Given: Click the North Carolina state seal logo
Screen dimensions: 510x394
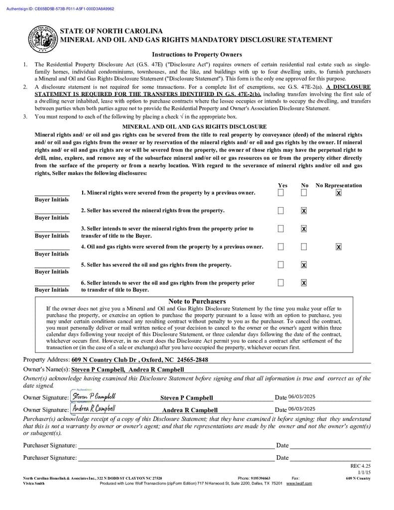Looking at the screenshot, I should point(42,38).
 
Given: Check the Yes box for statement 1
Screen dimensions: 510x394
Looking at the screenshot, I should point(281,193).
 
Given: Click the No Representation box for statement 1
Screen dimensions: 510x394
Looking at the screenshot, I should point(339,193).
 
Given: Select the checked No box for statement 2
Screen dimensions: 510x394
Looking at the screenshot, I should point(304,211).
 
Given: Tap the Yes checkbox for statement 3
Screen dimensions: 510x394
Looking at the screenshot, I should point(281,229).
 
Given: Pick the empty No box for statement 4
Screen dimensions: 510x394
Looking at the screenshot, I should point(304,247).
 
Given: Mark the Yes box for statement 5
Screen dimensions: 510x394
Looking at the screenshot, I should point(281,264).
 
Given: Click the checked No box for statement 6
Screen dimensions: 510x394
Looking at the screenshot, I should point(304,283).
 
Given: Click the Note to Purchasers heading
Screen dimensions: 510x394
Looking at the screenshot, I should point(197,301).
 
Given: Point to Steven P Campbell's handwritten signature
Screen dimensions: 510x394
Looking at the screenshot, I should point(94,396).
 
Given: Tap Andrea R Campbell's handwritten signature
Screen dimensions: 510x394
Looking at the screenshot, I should point(94,408).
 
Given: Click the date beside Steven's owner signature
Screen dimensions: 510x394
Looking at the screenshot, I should point(302,397).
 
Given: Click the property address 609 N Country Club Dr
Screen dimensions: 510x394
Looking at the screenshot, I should point(140,360).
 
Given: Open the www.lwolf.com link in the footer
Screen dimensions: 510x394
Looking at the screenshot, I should point(299,483).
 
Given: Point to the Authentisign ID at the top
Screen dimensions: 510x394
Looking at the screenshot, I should point(60,8).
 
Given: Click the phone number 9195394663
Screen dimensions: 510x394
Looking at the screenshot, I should point(261,478).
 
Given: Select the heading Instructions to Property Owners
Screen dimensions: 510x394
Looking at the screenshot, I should point(197,54).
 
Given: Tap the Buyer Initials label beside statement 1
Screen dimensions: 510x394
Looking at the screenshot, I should point(52,200).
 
